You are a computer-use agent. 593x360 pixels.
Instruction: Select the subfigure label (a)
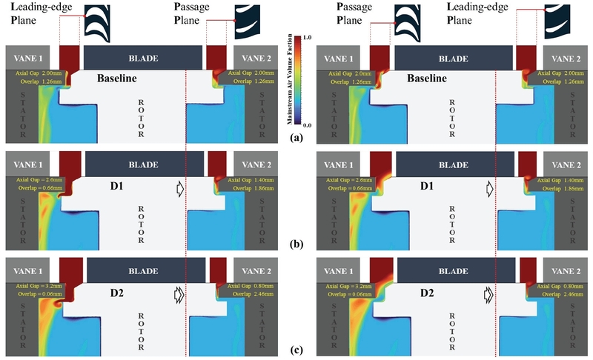296,138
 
